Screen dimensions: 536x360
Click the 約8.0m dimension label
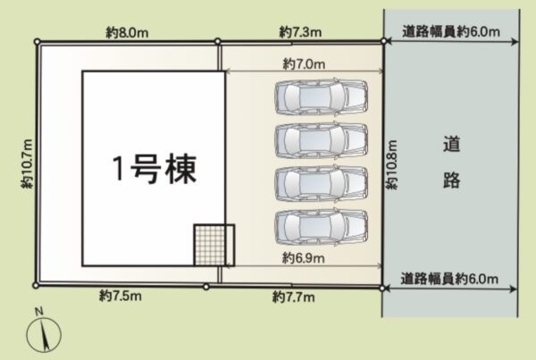tap(127, 33)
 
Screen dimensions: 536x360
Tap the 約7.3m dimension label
tap(300, 32)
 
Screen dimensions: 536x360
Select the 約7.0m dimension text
tap(304, 64)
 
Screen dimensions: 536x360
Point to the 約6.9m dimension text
tap(303, 258)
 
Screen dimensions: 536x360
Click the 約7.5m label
tap(121, 296)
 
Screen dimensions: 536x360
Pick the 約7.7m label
tap(293, 297)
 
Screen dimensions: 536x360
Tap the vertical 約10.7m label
tap(27, 163)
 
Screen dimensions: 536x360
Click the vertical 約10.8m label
tap(392, 164)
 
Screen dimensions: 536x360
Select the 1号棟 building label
tap(155, 169)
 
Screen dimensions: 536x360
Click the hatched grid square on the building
tap(214, 245)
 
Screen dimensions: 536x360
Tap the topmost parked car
tap(321, 96)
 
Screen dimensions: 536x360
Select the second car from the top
tap(321, 140)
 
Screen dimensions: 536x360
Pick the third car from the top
tap(321, 184)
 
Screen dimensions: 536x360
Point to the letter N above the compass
tap(39, 311)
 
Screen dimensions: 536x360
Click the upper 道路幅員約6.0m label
tap(451, 32)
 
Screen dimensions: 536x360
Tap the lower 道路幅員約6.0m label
tap(449, 279)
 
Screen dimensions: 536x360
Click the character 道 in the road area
tap(451, 145)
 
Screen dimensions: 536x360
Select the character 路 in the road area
tap(451, 180)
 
